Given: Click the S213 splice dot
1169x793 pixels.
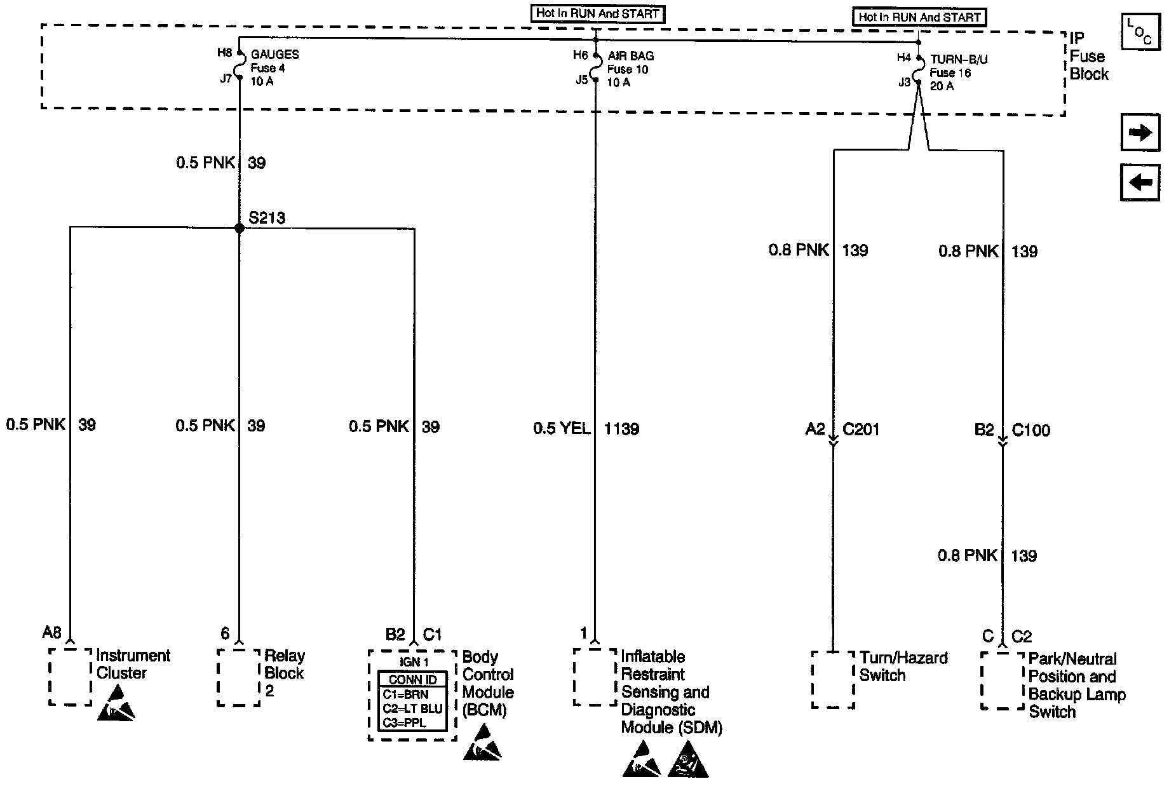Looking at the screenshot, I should click(240, 228).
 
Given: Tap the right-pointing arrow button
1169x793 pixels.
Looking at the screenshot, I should click(1140, 133).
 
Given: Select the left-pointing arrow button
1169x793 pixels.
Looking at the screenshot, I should click(1140, 183).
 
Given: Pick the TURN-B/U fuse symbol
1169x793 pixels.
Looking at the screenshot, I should click(919, 70).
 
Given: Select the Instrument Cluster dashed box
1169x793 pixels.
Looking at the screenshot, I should click(70, 677).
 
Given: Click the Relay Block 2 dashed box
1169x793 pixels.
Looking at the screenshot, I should click(239, 677).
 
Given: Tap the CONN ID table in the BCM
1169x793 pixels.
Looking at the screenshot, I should click(412, 701).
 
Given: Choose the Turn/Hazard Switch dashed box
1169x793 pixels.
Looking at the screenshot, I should click(833, 679).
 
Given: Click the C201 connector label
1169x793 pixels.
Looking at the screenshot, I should click(861, 430).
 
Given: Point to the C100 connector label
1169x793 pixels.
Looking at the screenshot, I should click(1030, 430).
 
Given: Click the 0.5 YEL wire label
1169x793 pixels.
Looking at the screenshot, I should click(562, 429).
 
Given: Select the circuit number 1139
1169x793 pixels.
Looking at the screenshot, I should click(621, 429).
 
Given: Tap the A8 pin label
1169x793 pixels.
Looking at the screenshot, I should click(51, 632).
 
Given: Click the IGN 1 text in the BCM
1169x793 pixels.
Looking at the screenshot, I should click(412, 661).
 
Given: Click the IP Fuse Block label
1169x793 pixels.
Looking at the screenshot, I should click(1088, 56).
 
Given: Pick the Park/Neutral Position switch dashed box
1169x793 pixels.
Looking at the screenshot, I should click(1003, 681).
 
